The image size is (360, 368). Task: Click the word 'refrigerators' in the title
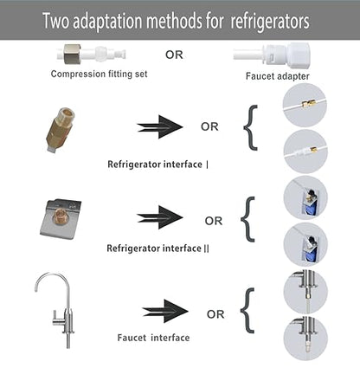click(270, 22)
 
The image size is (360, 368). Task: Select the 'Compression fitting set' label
click(99, 74)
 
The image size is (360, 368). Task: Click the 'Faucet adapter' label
click(278, 76)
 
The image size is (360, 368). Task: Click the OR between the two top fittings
click(174, 55)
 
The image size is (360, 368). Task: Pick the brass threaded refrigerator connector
click(61, 130)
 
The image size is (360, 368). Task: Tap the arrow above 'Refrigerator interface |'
click(160, 127)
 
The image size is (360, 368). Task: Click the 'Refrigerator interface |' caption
click(157, 165)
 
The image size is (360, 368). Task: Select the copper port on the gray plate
click(61, 213)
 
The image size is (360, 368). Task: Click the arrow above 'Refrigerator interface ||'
click(160, 217)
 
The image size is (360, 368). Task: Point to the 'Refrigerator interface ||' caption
click(157, 249)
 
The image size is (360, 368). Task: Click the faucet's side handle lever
click(58, 320)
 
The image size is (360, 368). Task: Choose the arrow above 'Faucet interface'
click(165, 311)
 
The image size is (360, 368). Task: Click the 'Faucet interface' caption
click(153, 338)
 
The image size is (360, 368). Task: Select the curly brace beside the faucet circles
click(247, 311)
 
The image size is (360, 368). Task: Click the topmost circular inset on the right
click(305, 106)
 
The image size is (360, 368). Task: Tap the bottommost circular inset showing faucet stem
click(305, 339)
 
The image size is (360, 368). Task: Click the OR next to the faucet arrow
click(215, 314)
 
